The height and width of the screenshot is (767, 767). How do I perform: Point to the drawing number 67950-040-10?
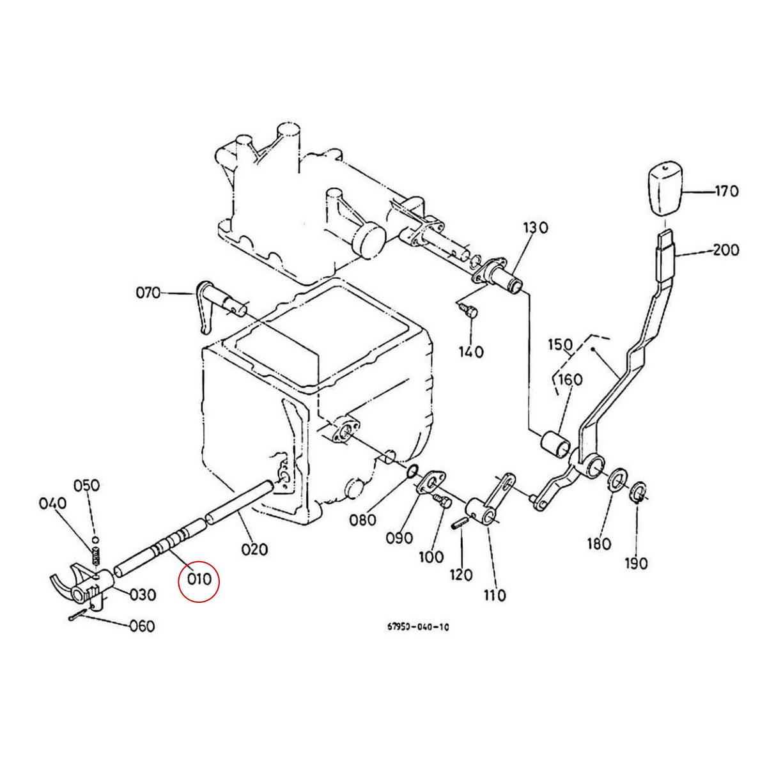[x=419, y=627]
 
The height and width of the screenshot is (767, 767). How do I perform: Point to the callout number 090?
[x=399, y=538]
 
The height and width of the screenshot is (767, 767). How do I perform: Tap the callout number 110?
[x=494, y=596]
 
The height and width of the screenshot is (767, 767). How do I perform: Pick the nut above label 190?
[x=638, y=492]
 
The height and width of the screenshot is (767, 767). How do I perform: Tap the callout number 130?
[x=536, y=228]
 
